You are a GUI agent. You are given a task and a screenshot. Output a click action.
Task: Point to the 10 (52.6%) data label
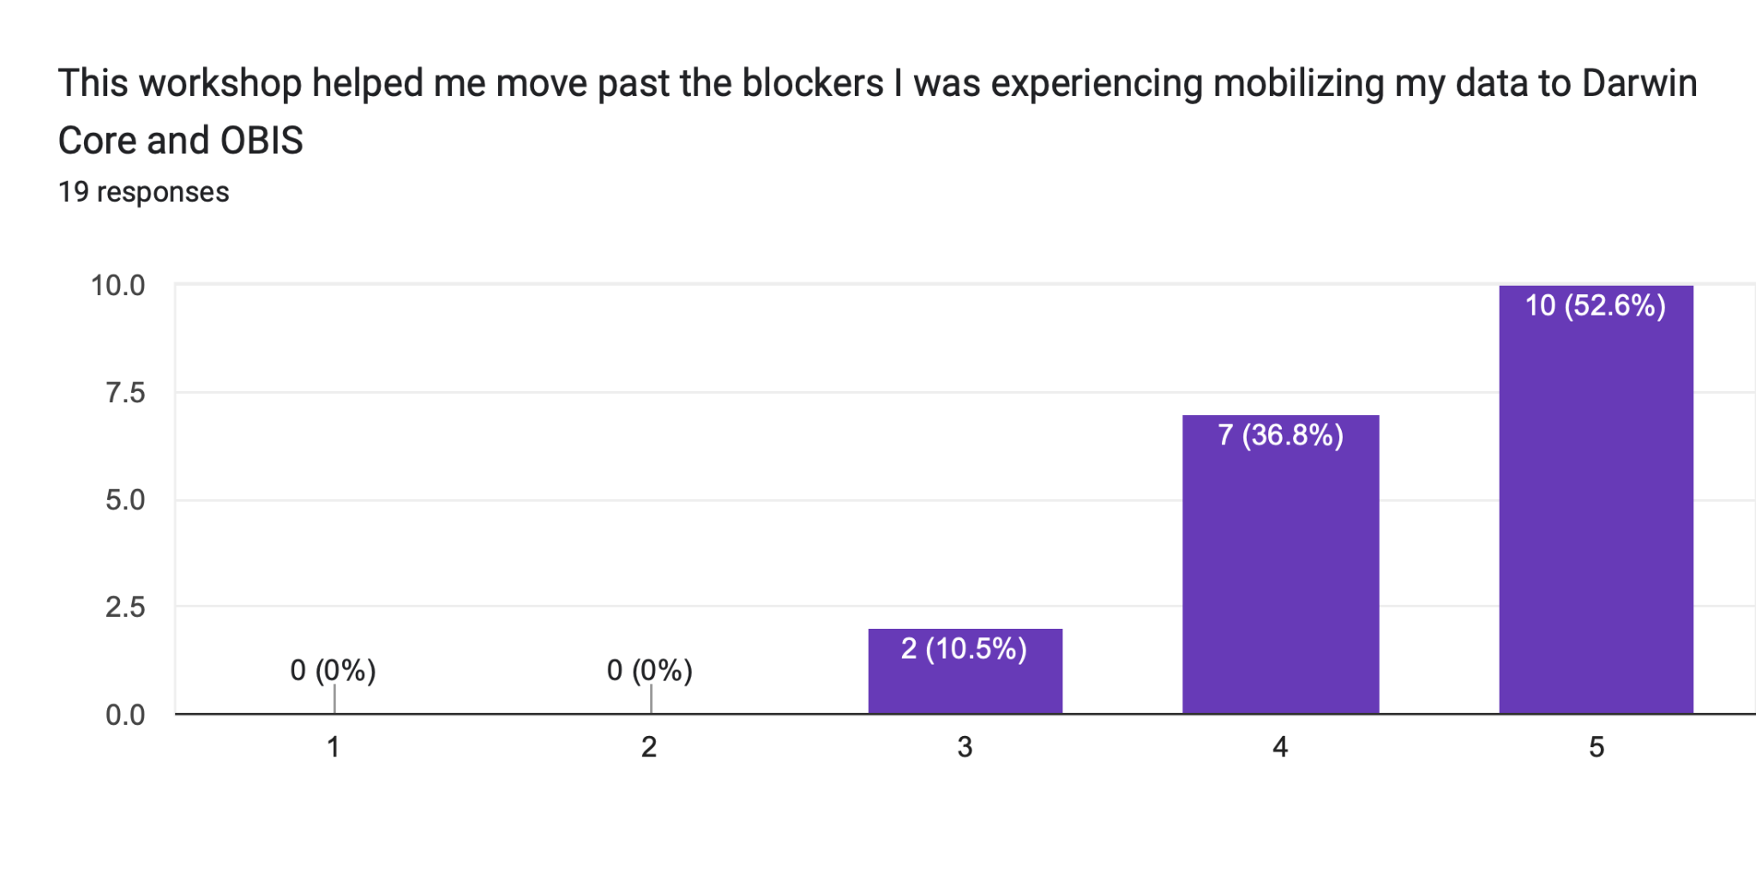[x=1595, y=305]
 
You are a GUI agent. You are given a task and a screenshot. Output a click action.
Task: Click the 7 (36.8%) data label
[x=1280, y=435]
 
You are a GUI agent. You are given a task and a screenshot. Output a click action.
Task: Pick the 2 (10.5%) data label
[x=964, y=649]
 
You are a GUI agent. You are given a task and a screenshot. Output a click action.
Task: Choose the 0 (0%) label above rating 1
[x=334, y=670]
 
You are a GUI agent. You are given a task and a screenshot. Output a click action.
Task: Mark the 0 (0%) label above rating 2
[x=649, y=670]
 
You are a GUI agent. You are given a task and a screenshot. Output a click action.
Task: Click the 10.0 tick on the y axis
[x=118, y=286]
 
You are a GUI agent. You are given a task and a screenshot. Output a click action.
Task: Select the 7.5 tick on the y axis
[x=125, y=393]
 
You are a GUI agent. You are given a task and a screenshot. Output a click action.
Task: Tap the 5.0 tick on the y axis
[x=125, y=500]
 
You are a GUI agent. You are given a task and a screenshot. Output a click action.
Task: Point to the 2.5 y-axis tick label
[x=125, y=607]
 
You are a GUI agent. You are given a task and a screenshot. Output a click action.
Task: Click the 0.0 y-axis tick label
[x=125, y=715]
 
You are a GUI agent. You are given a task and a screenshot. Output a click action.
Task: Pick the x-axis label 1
[x=334, y=747]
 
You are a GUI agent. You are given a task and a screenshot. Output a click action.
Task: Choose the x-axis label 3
[x=965, y=747]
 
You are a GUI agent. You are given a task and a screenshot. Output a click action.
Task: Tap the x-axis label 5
[x=1596, y=747]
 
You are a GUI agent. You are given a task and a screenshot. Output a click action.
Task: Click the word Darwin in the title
[x=1639, y=84]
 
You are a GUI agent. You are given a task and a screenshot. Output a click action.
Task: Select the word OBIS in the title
[x=261, y=141]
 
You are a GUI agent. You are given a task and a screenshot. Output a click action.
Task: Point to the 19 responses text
[x=143, y=192]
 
